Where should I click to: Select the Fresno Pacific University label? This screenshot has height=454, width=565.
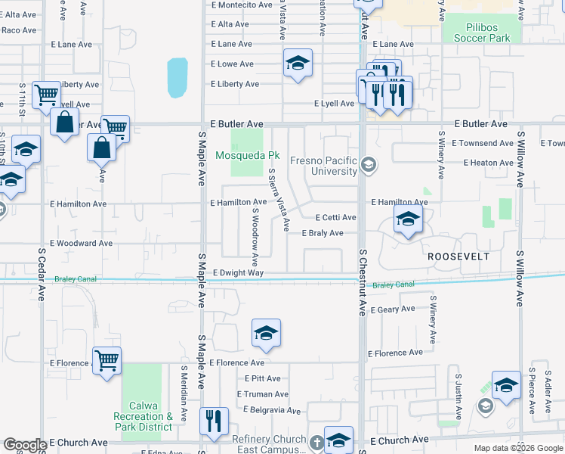tap(324, 166)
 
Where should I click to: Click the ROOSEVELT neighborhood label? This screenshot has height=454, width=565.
tap(458, 257)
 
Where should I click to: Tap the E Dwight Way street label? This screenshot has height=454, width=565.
tap(238, 272)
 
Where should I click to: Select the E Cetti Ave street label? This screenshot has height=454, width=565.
tap(335, 217)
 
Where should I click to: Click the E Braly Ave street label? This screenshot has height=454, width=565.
tap(323, 233)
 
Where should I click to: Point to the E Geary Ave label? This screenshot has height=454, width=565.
tap(391, 309)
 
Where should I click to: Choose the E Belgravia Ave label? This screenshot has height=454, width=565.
tap(268, 410)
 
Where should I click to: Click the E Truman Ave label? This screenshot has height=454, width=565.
tap(262, 394)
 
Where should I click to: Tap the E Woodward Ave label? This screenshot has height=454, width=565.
tap(81, 243)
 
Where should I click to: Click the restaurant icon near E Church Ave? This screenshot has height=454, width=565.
tap(213, 420)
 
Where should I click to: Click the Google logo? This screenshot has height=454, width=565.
tap(24, 445)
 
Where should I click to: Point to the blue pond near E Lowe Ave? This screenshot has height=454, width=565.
tap(177, 78)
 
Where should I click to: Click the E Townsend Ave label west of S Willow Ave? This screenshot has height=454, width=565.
tap(483, 143)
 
